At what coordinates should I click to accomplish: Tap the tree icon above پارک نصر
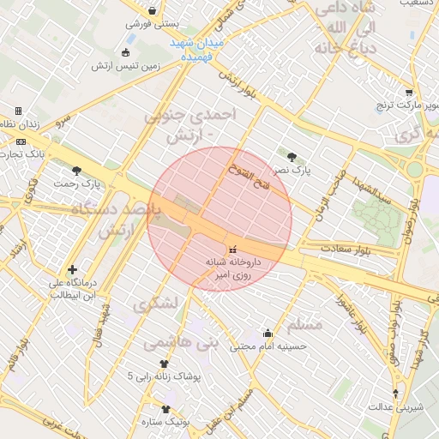293,157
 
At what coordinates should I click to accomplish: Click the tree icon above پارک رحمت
78,171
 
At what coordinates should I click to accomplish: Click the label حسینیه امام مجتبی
267,346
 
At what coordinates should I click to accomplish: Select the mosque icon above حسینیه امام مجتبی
267,333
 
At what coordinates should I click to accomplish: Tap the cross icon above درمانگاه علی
72,270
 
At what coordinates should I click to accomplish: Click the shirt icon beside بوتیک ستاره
165,409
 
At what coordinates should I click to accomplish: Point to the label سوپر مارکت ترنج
407,105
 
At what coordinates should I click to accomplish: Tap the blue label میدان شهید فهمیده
198,47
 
